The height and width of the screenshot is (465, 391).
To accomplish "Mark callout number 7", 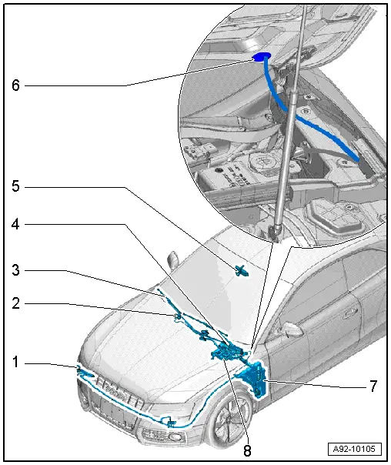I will pyautogui.click(x=373, y=386).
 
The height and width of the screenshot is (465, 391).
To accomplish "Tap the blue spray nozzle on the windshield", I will pyautogui.click(x=242, y=269).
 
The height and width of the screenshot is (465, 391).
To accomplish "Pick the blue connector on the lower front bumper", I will pyautogui.click(x=169, y=423).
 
